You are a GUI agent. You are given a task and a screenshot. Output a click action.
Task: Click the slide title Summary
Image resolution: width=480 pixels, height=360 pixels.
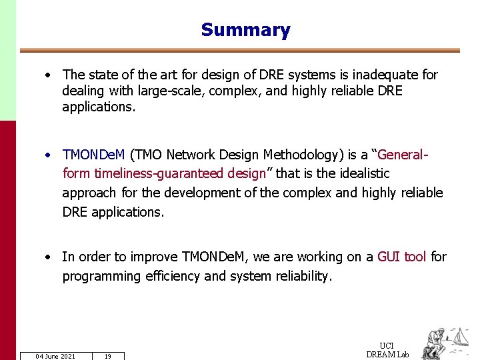pos(245,30)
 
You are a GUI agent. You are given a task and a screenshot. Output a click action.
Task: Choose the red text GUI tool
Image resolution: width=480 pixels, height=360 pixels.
pos(402,257)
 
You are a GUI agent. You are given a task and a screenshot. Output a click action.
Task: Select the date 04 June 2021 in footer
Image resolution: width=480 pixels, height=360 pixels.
pos(55,356)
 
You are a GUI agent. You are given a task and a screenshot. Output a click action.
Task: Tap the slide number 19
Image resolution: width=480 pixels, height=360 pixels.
pos(107,356)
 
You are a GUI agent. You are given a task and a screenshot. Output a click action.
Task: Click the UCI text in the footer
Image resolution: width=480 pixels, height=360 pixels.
pos(387,345)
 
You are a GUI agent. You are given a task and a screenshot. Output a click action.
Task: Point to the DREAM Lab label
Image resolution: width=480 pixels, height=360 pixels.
pos(387,354)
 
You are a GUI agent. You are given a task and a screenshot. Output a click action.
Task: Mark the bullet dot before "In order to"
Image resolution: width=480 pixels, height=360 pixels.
pos(49,257)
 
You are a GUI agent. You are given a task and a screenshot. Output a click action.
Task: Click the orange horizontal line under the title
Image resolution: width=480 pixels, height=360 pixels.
pos(240,50)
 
